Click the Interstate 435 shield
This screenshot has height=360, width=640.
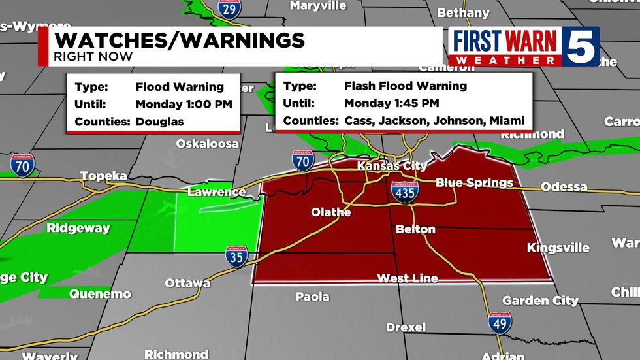[405, 191]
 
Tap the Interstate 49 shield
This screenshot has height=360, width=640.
[500, 321]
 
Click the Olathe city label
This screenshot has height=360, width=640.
[330, 212]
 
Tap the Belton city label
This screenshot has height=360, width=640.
[415, 229]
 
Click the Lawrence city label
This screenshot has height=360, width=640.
[216, 192]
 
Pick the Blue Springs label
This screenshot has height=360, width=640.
[474, 183]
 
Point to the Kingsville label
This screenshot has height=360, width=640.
[558, 248]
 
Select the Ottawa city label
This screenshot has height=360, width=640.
[187, 283]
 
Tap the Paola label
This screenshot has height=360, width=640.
[312, 297]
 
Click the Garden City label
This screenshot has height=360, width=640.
[540, 301]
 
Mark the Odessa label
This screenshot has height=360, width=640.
[564, 187]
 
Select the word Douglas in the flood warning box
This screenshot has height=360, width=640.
[160, 122]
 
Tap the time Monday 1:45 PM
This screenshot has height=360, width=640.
[391, 103]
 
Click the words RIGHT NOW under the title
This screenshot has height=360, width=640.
[93, 57]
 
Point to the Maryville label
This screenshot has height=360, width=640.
[317, 6]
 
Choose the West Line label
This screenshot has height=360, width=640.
[408, 278]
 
